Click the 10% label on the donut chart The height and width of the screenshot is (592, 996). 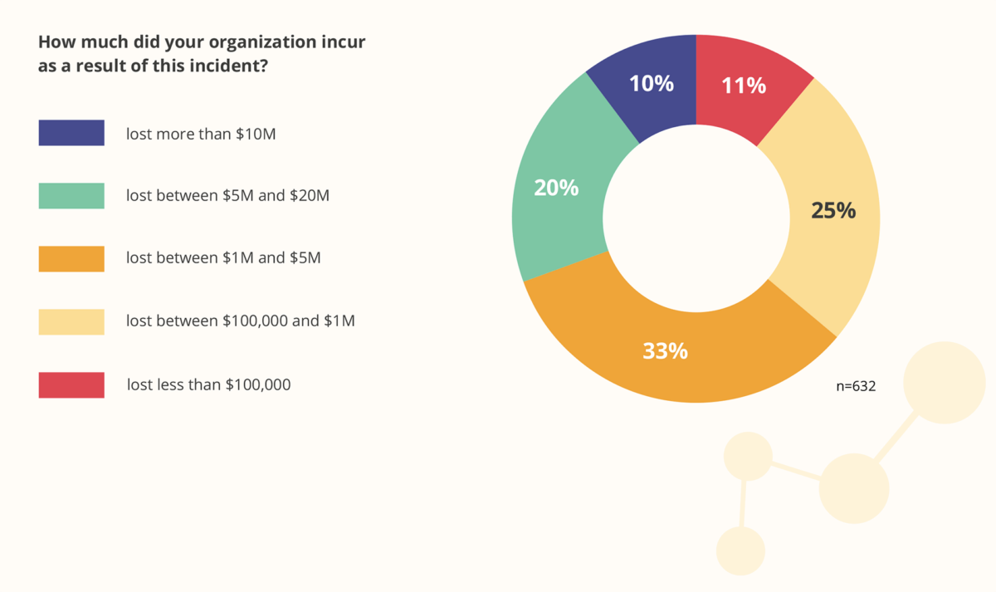[652, 83]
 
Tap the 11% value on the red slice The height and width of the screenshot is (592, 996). [744, 85]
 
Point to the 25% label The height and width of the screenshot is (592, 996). [832, 211]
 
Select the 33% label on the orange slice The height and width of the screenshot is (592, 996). [665, 350]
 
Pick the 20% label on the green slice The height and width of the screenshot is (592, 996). [556, 188]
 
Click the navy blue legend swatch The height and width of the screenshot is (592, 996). [71, 133]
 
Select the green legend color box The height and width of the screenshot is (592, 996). [71, 196]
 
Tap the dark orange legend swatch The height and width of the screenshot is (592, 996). [71, 259]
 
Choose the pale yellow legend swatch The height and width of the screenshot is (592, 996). [71, 322]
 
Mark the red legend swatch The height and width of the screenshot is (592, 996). [71, 385]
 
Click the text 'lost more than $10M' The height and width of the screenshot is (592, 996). [201, 133]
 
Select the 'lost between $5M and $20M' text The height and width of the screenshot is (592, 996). [227, 196]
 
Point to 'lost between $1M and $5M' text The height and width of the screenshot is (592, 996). [223, 258]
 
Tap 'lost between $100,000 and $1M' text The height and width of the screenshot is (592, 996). [241, 321]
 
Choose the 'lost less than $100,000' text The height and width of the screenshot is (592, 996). [208, 384]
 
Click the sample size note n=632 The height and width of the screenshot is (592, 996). [856, 386]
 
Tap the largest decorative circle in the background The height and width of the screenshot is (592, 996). [944, 383]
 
